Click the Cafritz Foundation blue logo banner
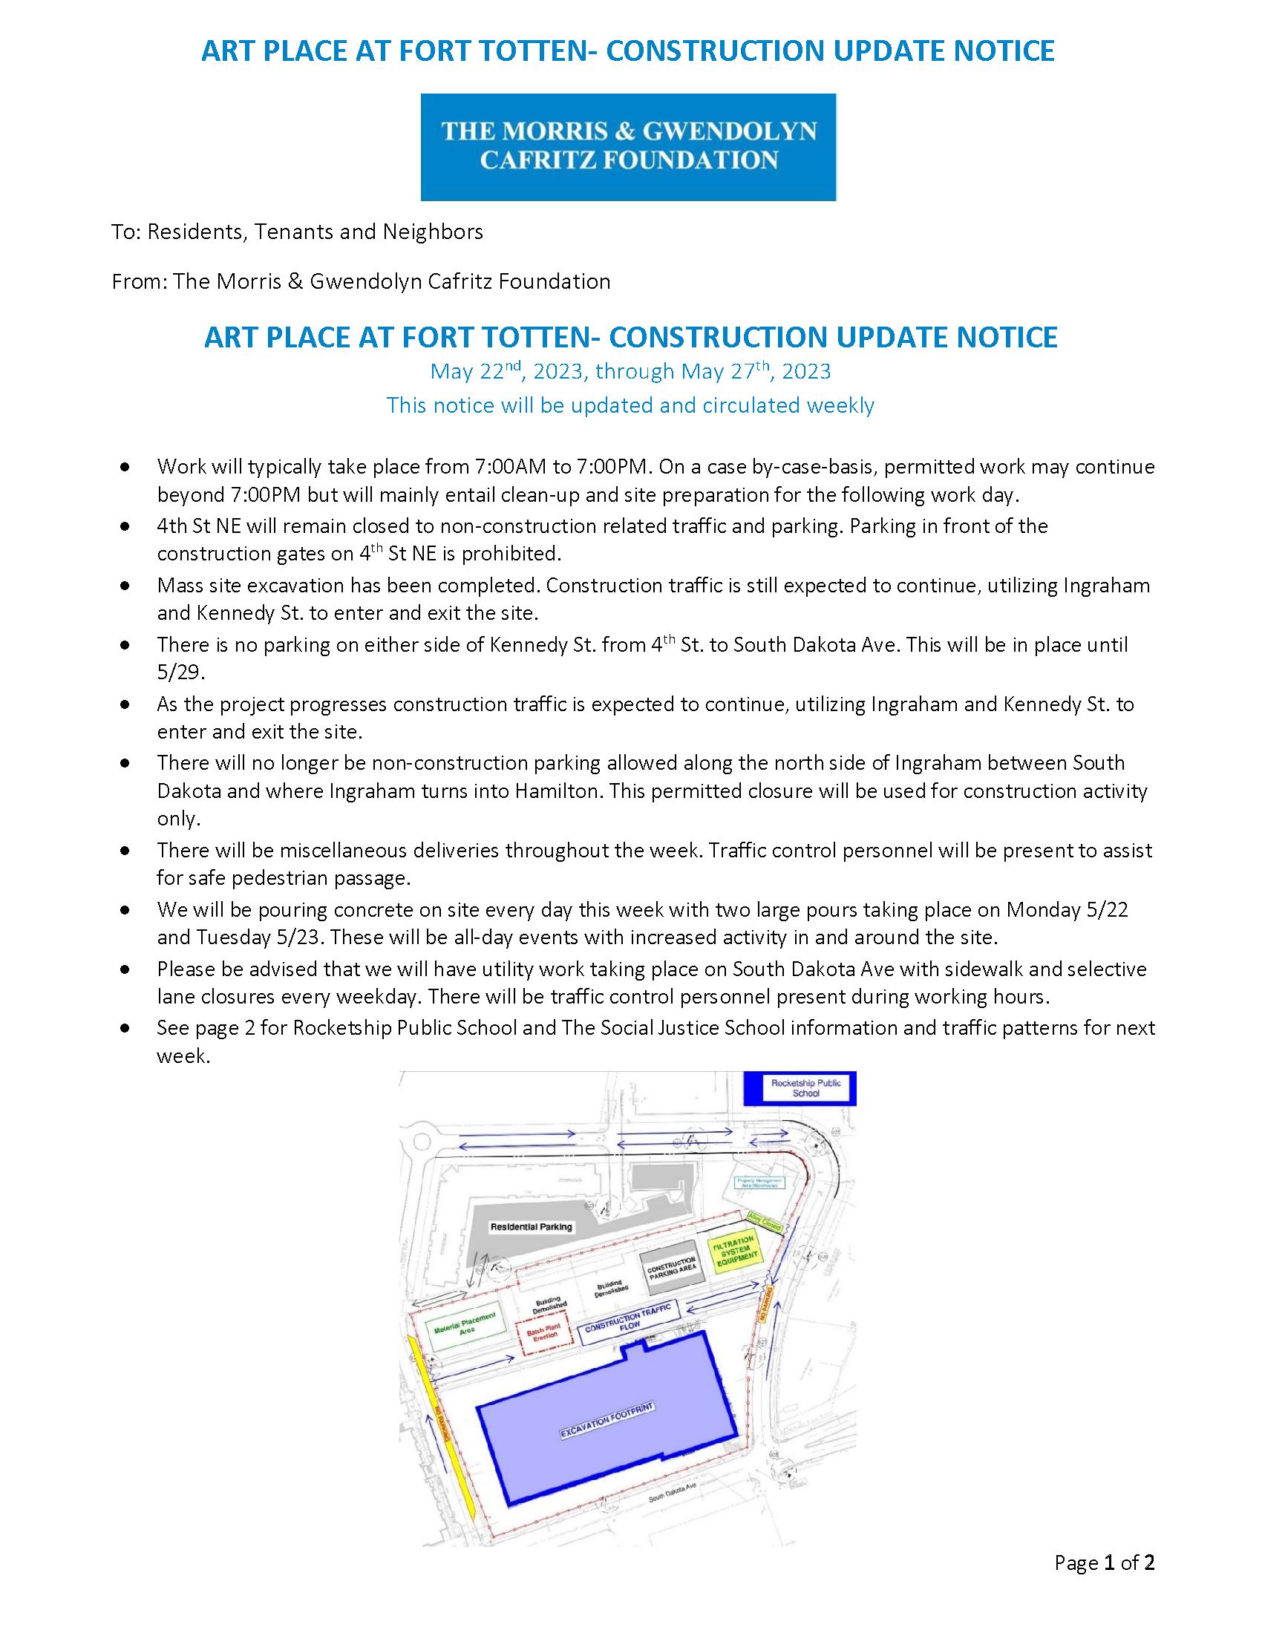[628, 146]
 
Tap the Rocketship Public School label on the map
[805, 1088]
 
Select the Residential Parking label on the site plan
[531, 1227]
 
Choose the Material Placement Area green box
[465, 1328]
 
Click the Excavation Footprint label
[607, 1419]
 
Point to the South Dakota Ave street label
[672, 1493]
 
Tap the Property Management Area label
[759, 1183]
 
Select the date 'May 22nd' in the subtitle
[475, 372]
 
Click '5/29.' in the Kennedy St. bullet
[180, 672]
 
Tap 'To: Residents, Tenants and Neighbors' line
[297, 232]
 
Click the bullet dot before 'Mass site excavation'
[125, 586]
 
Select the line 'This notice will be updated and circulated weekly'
[630, 405]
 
